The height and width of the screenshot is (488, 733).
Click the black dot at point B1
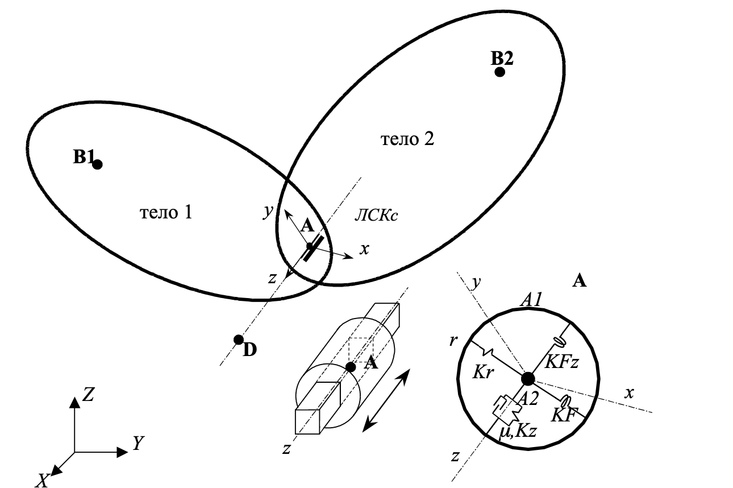tap(97, 164)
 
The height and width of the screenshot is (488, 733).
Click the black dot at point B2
tap(499, 72)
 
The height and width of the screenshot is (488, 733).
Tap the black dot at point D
tap(239, 340)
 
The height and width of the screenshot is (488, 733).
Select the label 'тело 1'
tap(165, 213)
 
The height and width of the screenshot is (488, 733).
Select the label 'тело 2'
tap(407, 139)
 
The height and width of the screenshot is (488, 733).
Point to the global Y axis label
tap(136, 444)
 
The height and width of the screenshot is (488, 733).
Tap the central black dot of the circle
tap(528, 378)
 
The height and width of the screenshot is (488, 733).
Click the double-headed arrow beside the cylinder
tap(386, 399)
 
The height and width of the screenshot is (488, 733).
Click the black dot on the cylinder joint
tap(351, 367)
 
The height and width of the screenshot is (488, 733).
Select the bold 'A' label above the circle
tap(580, 280)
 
